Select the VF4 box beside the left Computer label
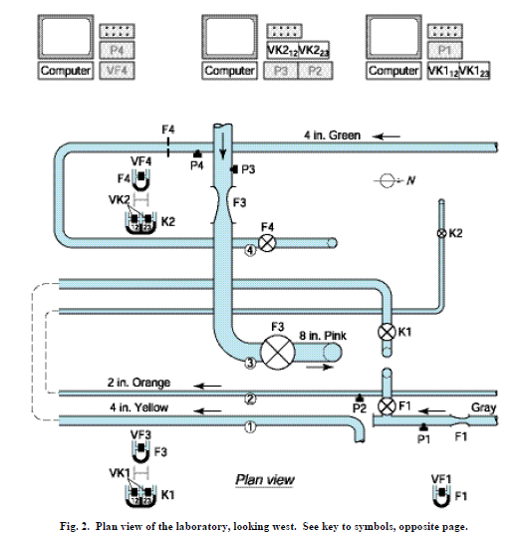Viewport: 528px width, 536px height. (x=115, y=71)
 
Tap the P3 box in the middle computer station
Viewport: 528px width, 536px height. (x=280, y=71)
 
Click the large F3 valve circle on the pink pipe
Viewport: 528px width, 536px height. (x=275, y=349)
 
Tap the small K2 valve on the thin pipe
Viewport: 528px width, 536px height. (x=441, y=233)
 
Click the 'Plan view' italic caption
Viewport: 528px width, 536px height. (x=264, y=479)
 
